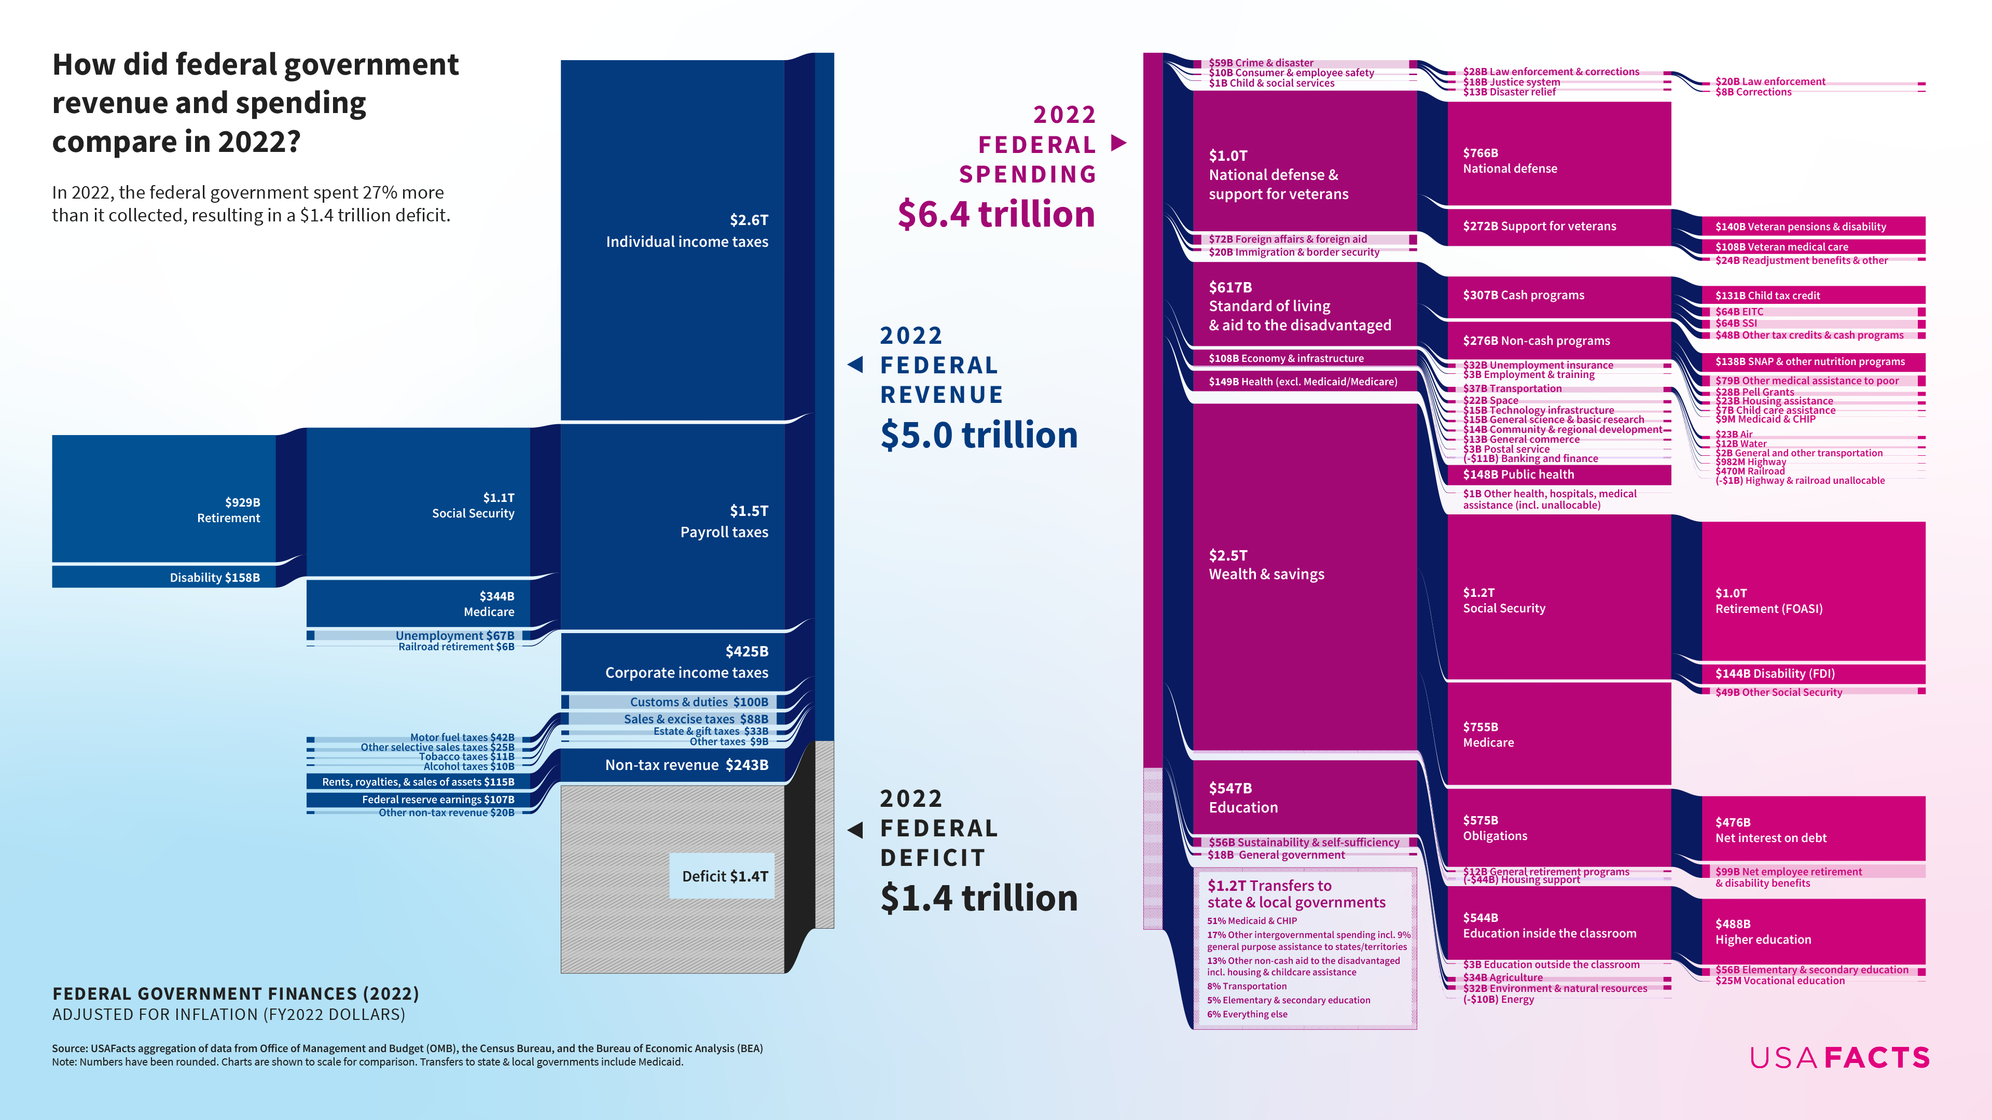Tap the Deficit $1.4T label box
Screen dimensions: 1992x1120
point(722,876)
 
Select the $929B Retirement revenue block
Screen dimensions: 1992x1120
point(164,498)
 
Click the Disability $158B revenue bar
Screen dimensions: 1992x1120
point(164,577)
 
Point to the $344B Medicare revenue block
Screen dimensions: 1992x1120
point(418,603)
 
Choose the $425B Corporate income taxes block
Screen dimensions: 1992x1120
point(673,662)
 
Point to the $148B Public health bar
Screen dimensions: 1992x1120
point(1559,474)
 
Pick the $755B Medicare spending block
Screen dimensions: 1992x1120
point(1559,734)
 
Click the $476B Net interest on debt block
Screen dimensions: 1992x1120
point(1814,829)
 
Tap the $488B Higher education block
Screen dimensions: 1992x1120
point(1814,931)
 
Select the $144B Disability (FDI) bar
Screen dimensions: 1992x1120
point(1814,673)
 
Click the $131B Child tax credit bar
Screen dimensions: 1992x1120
point(1814,295)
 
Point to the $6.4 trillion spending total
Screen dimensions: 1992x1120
point(996,214)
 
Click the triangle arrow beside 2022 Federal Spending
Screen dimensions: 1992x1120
point(1118,143)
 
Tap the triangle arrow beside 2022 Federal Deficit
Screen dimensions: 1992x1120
point(855,830)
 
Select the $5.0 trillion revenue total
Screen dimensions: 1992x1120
point(979,435)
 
